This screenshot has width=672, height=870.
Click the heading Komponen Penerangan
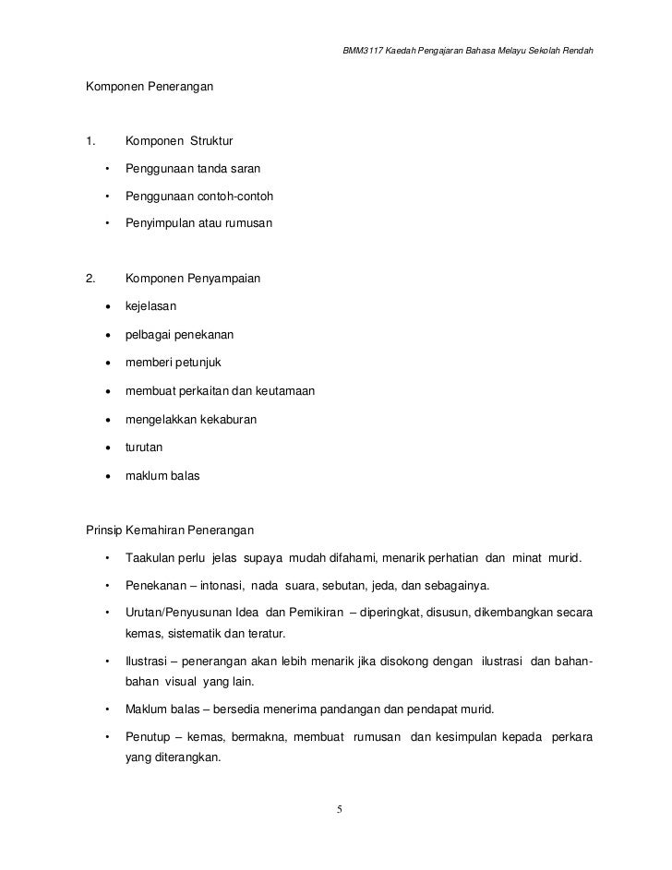click(150, 87)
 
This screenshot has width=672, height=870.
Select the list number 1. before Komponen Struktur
click(90, 141)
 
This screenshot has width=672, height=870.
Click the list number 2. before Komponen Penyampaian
click(90, 278)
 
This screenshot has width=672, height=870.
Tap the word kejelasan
click(151, 305)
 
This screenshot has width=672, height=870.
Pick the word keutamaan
click(282, 391)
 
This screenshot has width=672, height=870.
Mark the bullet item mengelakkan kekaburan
click(191, 420)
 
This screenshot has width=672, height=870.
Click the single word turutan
click(144, 448)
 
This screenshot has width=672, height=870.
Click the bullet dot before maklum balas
click(109, 477)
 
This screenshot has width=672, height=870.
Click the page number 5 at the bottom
click(340, 809)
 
